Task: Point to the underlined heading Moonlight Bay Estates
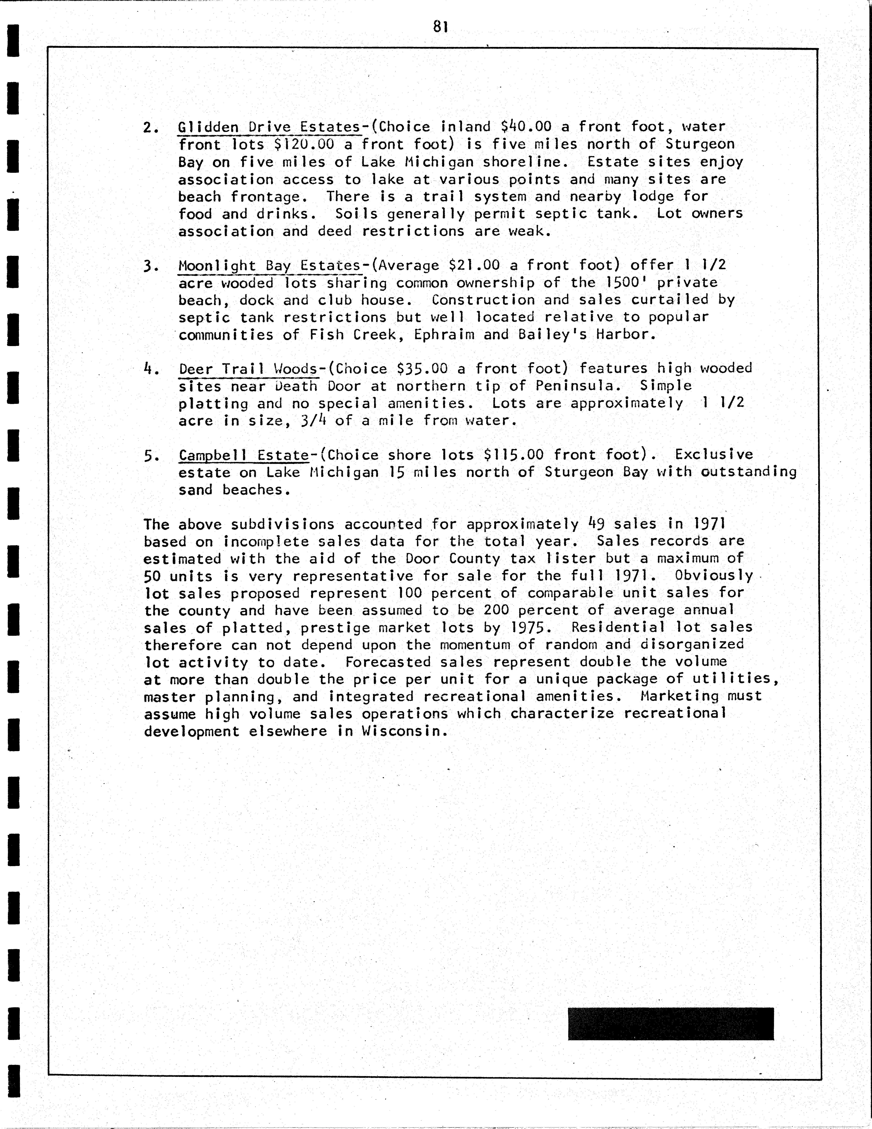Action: point(269,266)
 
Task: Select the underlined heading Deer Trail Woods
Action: point(248,369)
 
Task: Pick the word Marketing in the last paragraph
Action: point(679,696)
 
